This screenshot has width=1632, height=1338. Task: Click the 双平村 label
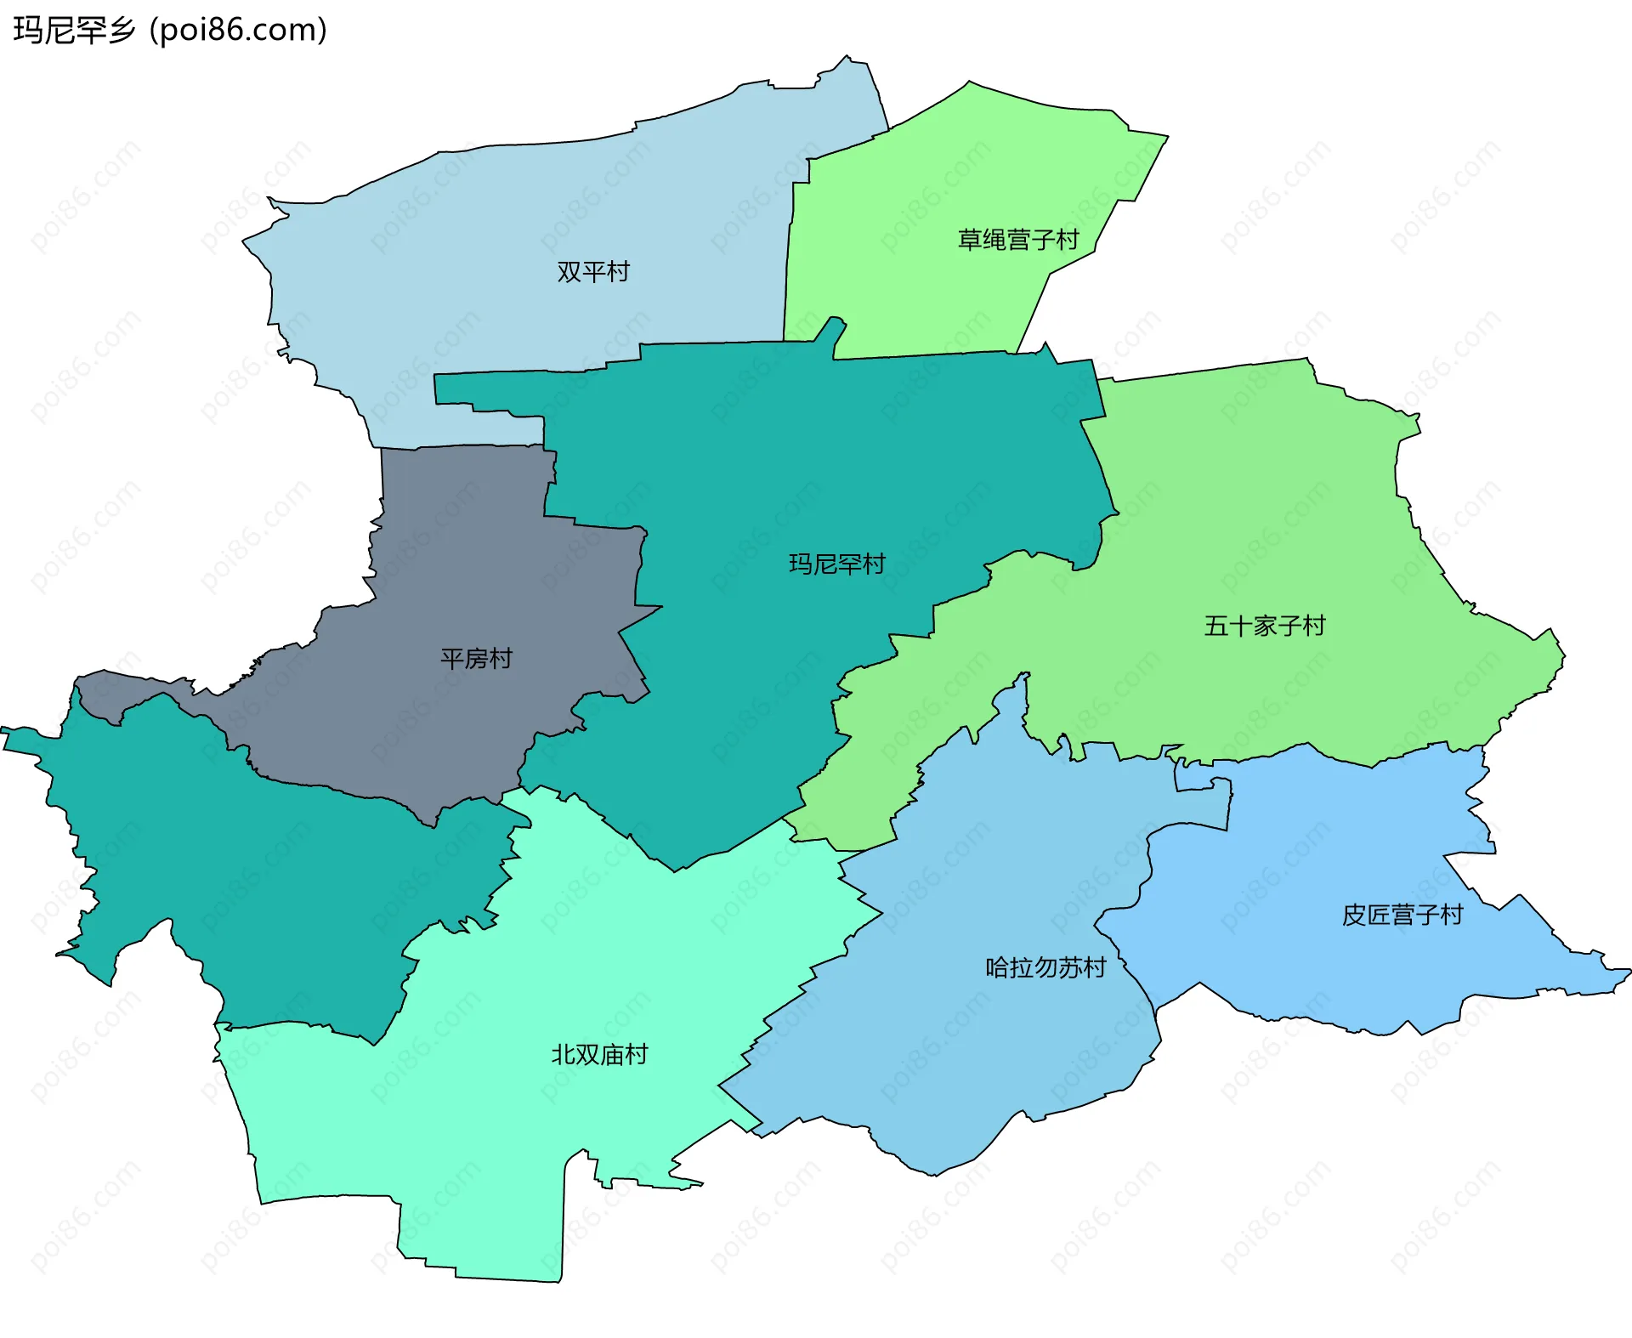tap(593, 272)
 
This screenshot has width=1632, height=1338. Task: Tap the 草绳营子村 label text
tap(1018, 240)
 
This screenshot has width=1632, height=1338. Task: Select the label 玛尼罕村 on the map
tap(837, 564)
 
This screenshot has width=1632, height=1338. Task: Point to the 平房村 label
tap(477, 659)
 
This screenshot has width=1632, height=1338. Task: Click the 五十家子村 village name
tap(1265, 626)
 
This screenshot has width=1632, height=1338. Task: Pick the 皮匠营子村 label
tap(1402, 915)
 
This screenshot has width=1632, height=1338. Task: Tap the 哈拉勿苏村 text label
tap(1045, 967)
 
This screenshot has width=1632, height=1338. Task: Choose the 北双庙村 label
tap(600, 1055)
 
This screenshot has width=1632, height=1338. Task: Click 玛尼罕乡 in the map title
tap(75, 31)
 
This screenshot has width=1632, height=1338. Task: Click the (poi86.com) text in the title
tap(238, 31)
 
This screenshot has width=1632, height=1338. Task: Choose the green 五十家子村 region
tap(1275, 510)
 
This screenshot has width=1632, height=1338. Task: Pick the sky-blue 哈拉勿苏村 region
tap(977, 1063)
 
